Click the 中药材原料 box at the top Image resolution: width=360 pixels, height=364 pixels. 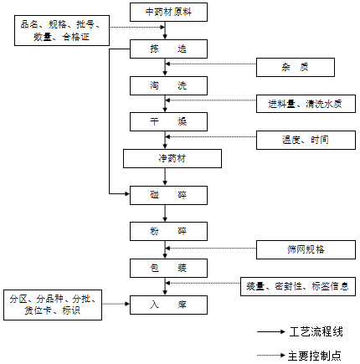[168, 13]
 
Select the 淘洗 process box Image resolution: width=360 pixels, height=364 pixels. [168, 85]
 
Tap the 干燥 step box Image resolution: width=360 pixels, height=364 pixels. [168, 121]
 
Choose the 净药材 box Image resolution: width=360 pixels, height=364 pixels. [172, 158]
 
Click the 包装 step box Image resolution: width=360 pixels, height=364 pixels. [168, 268]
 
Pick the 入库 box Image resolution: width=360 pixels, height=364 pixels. [168, 304]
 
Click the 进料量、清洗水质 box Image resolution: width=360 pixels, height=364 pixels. [306, 104]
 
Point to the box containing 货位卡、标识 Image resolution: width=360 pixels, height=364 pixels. [54, 305]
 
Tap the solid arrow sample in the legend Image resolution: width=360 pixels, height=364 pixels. [271, 332]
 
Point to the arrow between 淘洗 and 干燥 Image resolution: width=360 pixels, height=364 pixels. [168, 104]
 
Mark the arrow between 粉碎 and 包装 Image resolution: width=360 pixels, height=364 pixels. [168, 249]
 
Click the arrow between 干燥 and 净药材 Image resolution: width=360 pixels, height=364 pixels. [168, 140]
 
